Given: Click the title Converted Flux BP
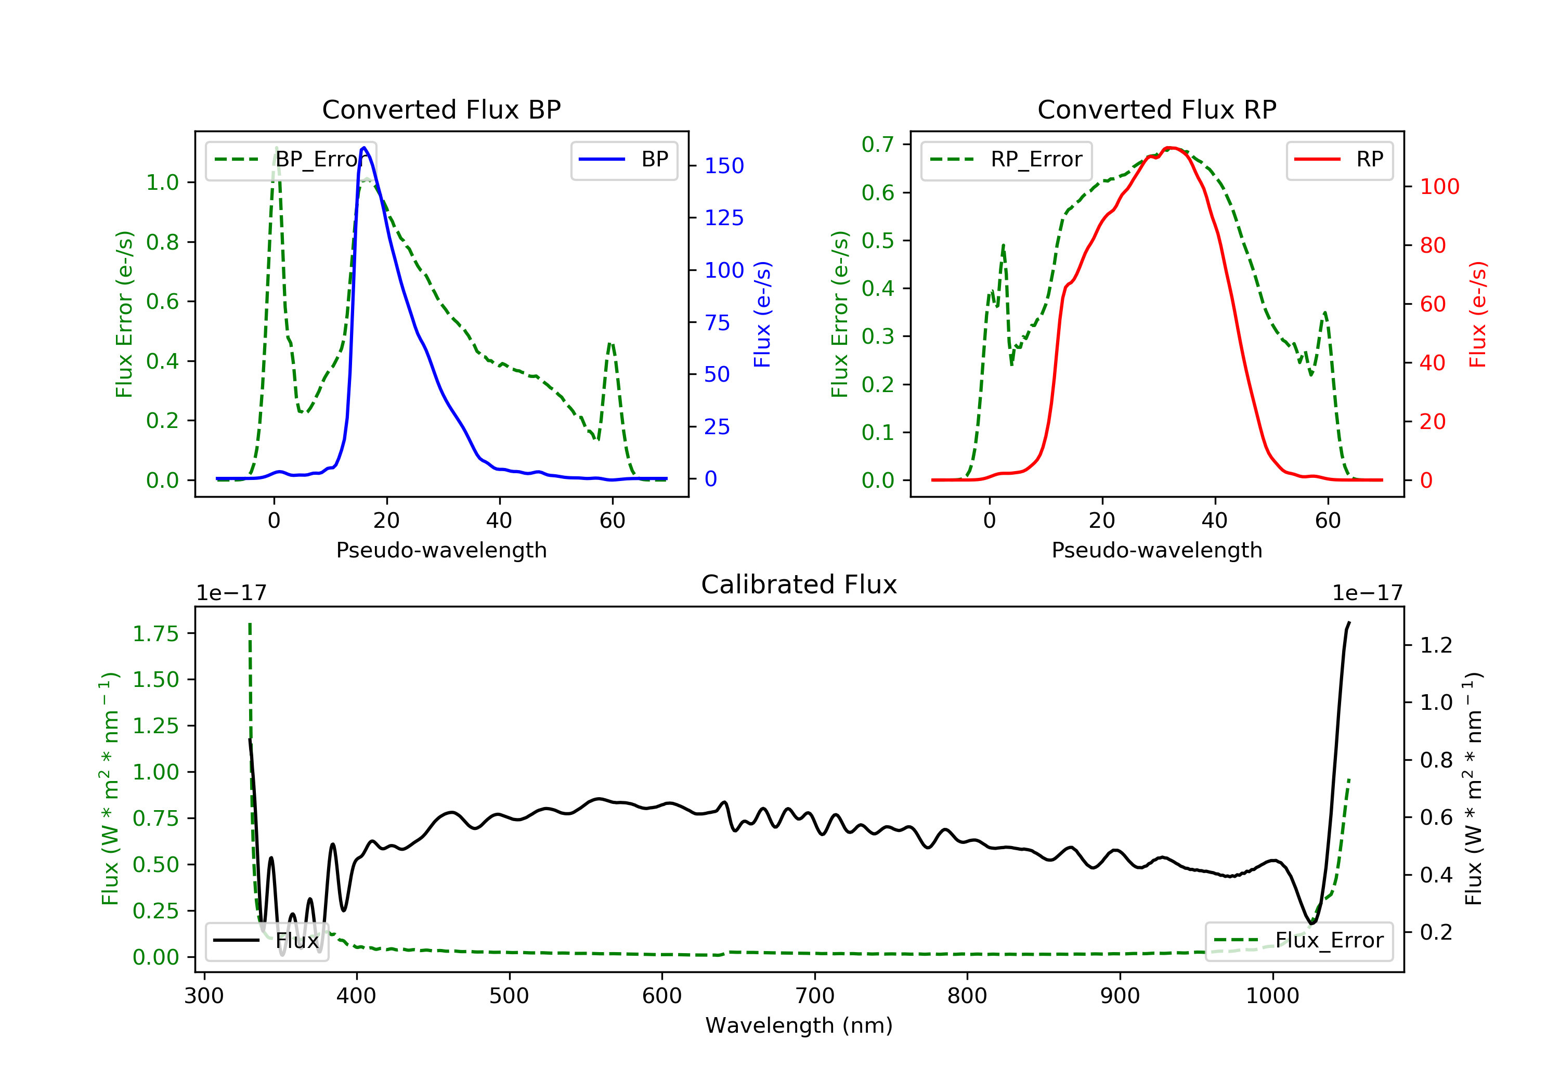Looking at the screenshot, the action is [x=441, y=109].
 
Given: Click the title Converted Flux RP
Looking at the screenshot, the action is [x=1157, y=109].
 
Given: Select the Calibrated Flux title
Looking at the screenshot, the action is [x=799, y=584].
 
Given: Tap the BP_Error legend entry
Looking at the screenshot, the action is [x=291, y=160].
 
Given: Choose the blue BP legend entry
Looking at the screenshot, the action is [x=623, y=160].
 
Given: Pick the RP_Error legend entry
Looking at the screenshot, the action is [x=1006, y=160].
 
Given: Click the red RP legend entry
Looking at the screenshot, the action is [x=1339, y=160].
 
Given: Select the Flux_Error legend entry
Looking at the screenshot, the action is [x=1298, y=941].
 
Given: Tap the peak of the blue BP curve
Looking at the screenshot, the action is [x=364, y=148].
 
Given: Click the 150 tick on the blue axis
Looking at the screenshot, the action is [x=724, y=166].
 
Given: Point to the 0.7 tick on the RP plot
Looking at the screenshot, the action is [x=877, y=144].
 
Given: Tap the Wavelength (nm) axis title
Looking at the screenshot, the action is [x=799, y=1025].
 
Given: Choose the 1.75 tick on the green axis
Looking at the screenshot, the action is [x=155, y=633].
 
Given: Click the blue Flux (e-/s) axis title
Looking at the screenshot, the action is [x=762, y=315].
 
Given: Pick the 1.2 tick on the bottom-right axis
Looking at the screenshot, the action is [x=1436, y=644].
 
